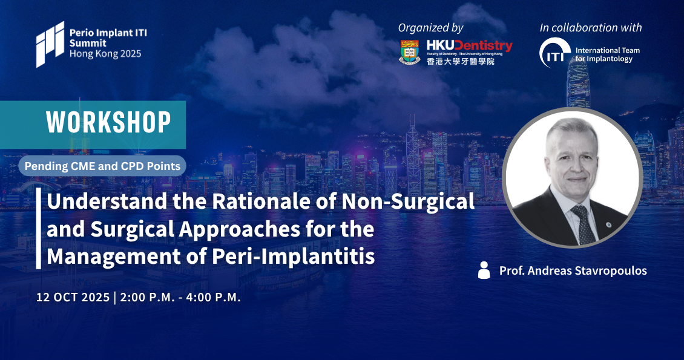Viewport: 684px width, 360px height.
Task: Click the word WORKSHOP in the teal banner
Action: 108,122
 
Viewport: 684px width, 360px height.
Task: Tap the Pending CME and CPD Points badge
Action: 102,166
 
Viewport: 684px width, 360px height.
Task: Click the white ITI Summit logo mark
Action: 50,44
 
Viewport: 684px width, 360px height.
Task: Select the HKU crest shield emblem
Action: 409,52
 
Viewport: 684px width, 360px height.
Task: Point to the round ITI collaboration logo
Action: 555,53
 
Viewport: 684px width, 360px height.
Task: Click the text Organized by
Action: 430,28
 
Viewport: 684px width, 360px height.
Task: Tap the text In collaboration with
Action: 591,27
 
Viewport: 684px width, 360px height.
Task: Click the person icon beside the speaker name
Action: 484,270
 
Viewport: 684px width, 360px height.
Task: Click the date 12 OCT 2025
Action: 73,297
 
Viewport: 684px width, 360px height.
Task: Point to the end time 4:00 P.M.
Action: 213,297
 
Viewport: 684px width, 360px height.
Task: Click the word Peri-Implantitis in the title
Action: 294,257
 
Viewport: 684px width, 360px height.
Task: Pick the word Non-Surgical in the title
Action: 408,201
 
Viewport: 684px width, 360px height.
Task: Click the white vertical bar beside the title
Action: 38,228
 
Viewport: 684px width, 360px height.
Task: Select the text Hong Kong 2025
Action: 105,54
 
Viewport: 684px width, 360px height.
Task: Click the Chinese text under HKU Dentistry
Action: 461,62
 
